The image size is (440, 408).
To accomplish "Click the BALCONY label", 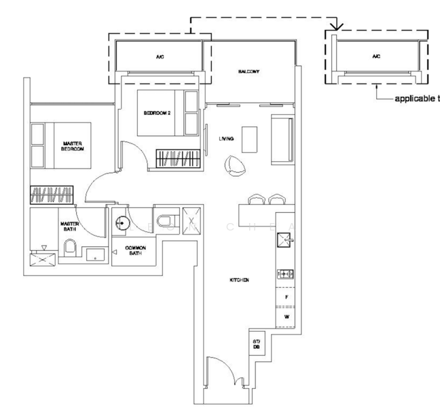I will (249, 71).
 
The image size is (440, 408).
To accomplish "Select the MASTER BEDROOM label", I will (73, 146).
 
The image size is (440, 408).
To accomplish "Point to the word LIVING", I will (226, 138).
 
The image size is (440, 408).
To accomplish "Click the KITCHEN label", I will (238, 280).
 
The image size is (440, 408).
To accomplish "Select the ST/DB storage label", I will (257, 345).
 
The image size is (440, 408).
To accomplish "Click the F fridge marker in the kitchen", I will (285, 297).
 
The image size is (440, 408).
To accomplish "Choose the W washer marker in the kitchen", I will (285, 316).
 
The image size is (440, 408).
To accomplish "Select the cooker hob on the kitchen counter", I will (285, 274).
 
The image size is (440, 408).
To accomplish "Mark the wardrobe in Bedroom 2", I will (178, 158).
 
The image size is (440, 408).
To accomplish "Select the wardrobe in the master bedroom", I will (51, 195).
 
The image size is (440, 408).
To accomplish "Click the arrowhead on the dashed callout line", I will (335, 28).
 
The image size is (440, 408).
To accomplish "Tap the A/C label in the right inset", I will (375, 57).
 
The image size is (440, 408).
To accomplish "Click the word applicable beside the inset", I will (414, 99).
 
